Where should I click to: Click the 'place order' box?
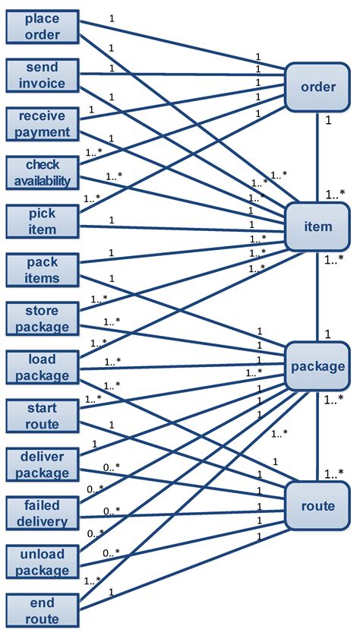43,26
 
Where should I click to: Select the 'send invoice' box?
43,74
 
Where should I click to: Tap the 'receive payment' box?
43,123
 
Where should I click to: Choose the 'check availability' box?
43,172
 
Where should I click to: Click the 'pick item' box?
43,221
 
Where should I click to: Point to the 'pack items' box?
43,270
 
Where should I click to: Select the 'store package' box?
43,318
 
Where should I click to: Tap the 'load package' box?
43,367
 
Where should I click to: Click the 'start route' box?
43,416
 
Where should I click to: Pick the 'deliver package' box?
43,464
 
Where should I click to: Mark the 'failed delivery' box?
43,513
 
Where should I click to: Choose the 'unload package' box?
43,562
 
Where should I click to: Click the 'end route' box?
43,611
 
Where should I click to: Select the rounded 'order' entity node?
317,87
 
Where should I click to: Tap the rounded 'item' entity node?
317,226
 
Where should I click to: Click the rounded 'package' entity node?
317,366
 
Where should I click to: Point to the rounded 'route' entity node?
317,506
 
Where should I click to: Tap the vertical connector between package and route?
317,436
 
